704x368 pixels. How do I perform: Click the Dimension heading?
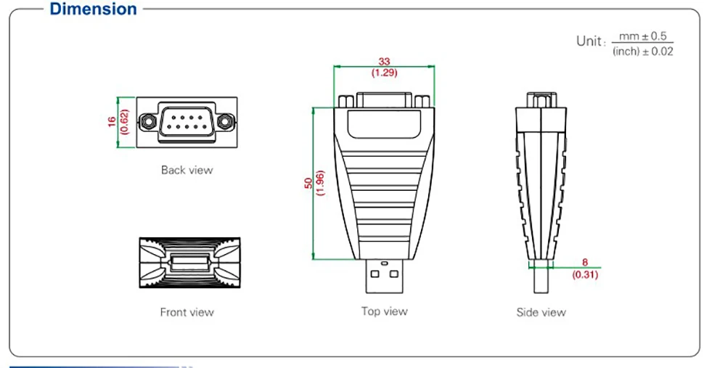coord(94,9)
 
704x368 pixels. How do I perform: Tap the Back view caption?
coord(187,170)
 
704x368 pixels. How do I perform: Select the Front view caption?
coord(187,312)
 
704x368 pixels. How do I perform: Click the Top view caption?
coord(385,311)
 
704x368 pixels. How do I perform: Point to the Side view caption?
coord(541,312)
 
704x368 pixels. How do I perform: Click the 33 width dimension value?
coord(385,62)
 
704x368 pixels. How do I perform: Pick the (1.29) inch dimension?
coord(385,73)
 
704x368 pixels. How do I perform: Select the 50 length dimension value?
coord(308,184)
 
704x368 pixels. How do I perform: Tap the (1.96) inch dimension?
coord(319,184)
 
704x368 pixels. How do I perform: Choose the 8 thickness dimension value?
coord(585,263)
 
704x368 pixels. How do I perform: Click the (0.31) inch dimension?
coord(585,275)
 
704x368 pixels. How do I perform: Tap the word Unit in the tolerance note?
coord(589,41)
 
